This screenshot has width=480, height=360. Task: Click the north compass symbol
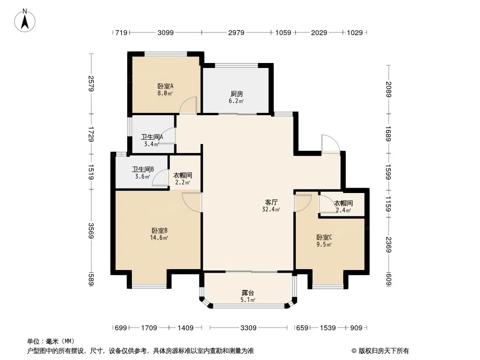point(25,21)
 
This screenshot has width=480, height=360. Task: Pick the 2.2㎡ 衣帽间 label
point(183,179)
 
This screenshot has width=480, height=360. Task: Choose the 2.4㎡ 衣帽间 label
point(343,207)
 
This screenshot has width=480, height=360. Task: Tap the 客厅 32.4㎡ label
point(271,206)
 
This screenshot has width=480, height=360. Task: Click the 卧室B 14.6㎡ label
point(159,234)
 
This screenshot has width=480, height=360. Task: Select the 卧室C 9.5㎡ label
point(324,241)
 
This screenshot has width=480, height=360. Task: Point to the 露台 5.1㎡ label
point(248,296)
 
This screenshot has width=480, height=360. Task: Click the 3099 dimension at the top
point(166,32)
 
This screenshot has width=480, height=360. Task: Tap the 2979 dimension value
point(236,32)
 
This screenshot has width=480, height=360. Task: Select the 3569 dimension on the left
point(91,230)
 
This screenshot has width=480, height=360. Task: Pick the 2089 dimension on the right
point(389,89)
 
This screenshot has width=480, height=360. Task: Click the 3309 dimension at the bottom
point(248,328)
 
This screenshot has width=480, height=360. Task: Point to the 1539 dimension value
point(327,328)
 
